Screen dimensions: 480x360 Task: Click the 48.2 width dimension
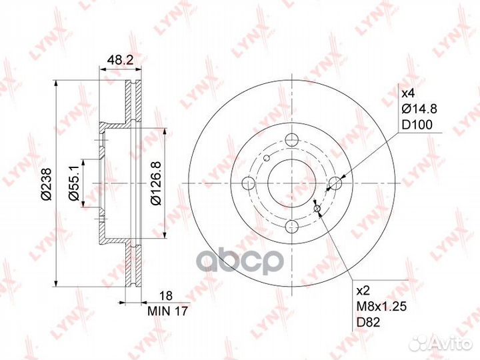pos(120,60)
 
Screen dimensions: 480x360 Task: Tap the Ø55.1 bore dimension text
pos(74,182)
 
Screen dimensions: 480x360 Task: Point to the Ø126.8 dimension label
pos(156,183)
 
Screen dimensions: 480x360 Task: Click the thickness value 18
pos(167,296)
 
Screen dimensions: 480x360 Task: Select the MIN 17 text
pos(167,311)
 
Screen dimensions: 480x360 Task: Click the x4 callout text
pos(408,93)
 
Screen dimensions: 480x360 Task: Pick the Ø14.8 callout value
pos(419,109)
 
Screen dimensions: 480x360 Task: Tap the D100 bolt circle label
pos(417,125)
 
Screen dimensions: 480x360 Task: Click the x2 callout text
pos(364,291)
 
